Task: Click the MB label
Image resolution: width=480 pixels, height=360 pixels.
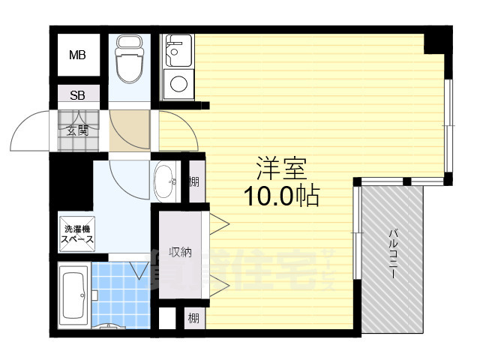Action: (x=77, y=55)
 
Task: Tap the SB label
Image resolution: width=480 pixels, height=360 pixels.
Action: (x=77, y=95)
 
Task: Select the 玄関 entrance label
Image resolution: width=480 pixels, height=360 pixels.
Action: (x=77, y=130)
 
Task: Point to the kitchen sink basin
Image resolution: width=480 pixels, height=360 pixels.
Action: (x=177, y=52)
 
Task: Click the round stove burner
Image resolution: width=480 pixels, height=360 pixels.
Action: (x=178, y=83)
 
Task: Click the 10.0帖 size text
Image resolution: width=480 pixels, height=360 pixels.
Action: (x=281, y=196)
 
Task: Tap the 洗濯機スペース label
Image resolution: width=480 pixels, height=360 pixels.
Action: (x=77, y=233)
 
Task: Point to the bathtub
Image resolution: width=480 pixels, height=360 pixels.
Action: (x=73, y=298)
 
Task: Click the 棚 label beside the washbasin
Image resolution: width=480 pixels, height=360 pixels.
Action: (x=194, y=181)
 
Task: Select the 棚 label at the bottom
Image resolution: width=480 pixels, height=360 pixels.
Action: (x=193, y=319)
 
